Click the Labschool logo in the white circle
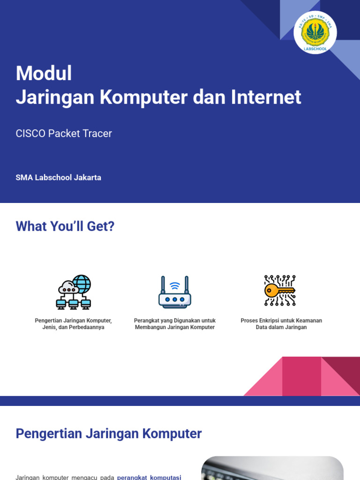(x=315, y=32)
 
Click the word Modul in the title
(x=44, y=74)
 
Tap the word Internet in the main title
(x=266, y=97)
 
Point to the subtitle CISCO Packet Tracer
(x=64, y=134)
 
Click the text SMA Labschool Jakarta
(x=58, y=178)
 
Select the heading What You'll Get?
(x=65, y=226)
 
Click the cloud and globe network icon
(x=73, y=292)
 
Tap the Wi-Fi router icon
(x=174, y=292)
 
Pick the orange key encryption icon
(x=280, y=291)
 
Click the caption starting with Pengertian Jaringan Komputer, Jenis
(x=73, y=324)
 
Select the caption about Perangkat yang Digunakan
(x=174, y=324)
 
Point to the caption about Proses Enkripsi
(x=281, y=324)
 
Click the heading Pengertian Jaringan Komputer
(x=109, y=434)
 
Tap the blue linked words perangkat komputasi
(x=149, y=477)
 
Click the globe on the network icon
(x=81, y=284)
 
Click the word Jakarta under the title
(x=87, y=178)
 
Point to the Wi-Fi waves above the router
(x=175, y=286)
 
